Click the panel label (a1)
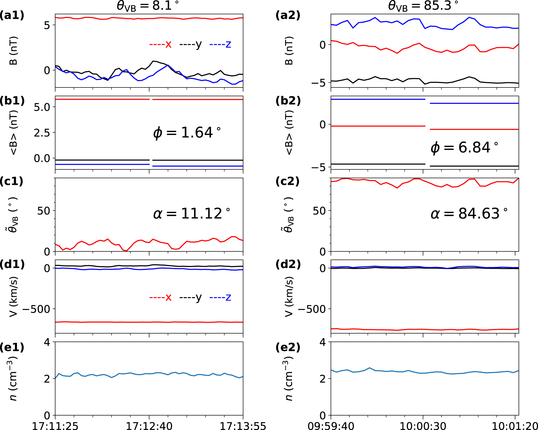coord(12,15)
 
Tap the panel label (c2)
coord(288,181)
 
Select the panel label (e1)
coord(12,347)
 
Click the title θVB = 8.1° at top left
coord(148,6)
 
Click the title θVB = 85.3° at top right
coord(423,6)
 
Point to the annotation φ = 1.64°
coord(187,133)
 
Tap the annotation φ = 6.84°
coord(464,148)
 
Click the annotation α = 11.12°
coord(192,214)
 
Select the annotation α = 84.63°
coord(469,214)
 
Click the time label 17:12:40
coord(149,426)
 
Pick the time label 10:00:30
coord(423,426)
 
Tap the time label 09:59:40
coord(331,426)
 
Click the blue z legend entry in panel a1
coord(221,44)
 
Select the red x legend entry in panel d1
coord(161,297)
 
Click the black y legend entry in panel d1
coord(191,297)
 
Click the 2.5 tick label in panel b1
coord(42,133)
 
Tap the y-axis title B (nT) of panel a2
coord(289,51)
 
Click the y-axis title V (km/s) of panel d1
coord(13,296)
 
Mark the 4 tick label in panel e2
coord(323,342)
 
